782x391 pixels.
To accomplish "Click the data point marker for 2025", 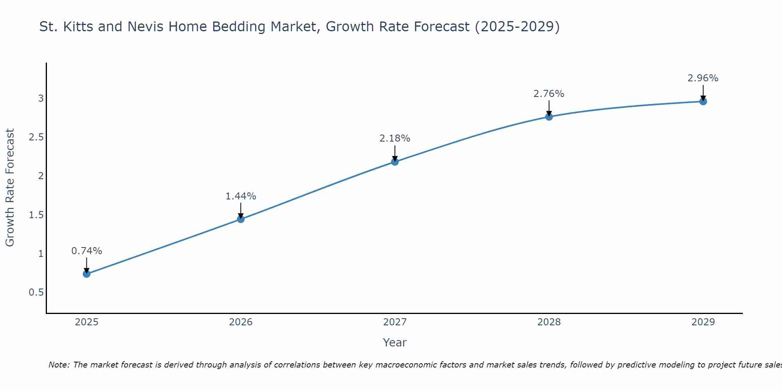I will point(86,274).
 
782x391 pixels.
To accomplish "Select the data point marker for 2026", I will point(241,219).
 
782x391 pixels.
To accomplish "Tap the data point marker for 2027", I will point(395,161).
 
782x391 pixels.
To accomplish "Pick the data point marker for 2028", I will point(549,117).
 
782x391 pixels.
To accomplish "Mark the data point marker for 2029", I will point(703,101).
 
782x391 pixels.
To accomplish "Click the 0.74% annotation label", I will point(86,251).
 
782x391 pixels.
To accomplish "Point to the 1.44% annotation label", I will point(241,196).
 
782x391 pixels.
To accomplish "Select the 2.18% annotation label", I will point(395,138).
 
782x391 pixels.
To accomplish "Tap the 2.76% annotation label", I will point(549,94).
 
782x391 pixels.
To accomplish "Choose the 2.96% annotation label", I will point(703,78).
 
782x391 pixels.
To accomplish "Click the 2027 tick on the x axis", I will point(395,322).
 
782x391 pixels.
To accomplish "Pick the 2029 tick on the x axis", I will point(703,322).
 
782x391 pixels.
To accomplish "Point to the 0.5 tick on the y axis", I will point(36,292).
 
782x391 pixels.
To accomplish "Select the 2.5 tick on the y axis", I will point(36,137).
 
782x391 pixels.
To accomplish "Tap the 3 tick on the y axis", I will point(41,99).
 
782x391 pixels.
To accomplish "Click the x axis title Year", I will point(395,343).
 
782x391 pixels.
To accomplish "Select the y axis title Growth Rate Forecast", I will point(10,188).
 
